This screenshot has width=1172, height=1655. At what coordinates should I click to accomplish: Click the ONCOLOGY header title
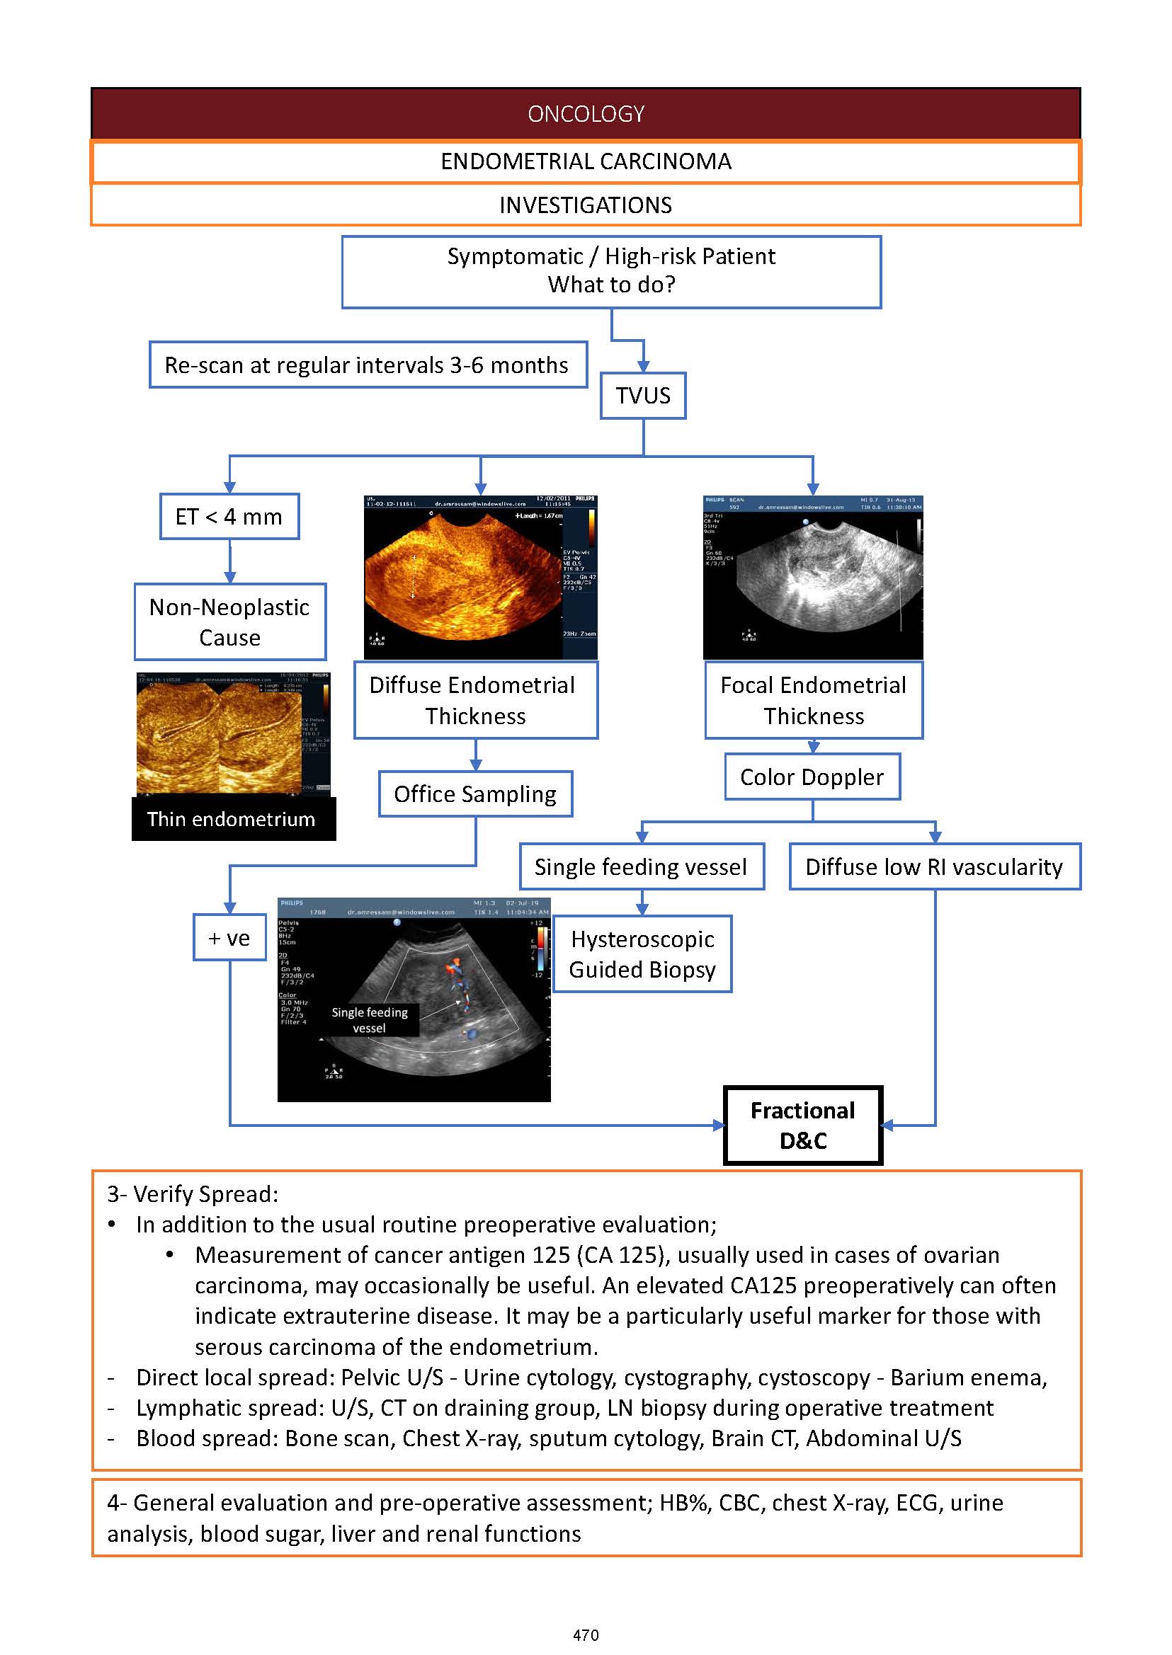point(585,114)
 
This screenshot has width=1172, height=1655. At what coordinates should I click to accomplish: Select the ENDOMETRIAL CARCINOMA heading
point(585,161)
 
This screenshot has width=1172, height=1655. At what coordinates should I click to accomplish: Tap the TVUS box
point(642,396)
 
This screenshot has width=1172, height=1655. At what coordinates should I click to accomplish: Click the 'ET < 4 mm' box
point(229,517)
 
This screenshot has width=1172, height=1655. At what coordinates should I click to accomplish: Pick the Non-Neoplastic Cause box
point(229,622)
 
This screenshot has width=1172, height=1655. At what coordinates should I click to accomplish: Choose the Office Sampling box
point(475,794)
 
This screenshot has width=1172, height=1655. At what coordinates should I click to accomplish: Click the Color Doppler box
point(812,777)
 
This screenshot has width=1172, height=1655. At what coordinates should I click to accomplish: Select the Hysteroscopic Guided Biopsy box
point(642,954)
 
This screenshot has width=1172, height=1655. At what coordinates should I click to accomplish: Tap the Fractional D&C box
point(802,1126)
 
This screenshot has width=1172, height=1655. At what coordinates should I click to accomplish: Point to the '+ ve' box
point(229,938)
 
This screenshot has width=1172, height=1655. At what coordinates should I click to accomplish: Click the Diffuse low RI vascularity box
point(934,866)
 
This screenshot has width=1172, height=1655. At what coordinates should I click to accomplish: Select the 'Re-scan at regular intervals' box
point(368,365)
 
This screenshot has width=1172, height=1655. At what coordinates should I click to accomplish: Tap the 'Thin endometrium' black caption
point(232,819)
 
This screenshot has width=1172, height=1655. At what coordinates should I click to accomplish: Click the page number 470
point(585,1634)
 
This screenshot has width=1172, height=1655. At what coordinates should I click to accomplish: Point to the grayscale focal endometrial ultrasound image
point(812,576)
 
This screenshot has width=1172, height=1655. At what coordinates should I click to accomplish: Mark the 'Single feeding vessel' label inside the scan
point(370,1020)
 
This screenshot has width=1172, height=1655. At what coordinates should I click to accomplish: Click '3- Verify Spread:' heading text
point(193,1194)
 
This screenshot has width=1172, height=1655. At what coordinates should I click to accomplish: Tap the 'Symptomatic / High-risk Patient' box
point(610,271)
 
